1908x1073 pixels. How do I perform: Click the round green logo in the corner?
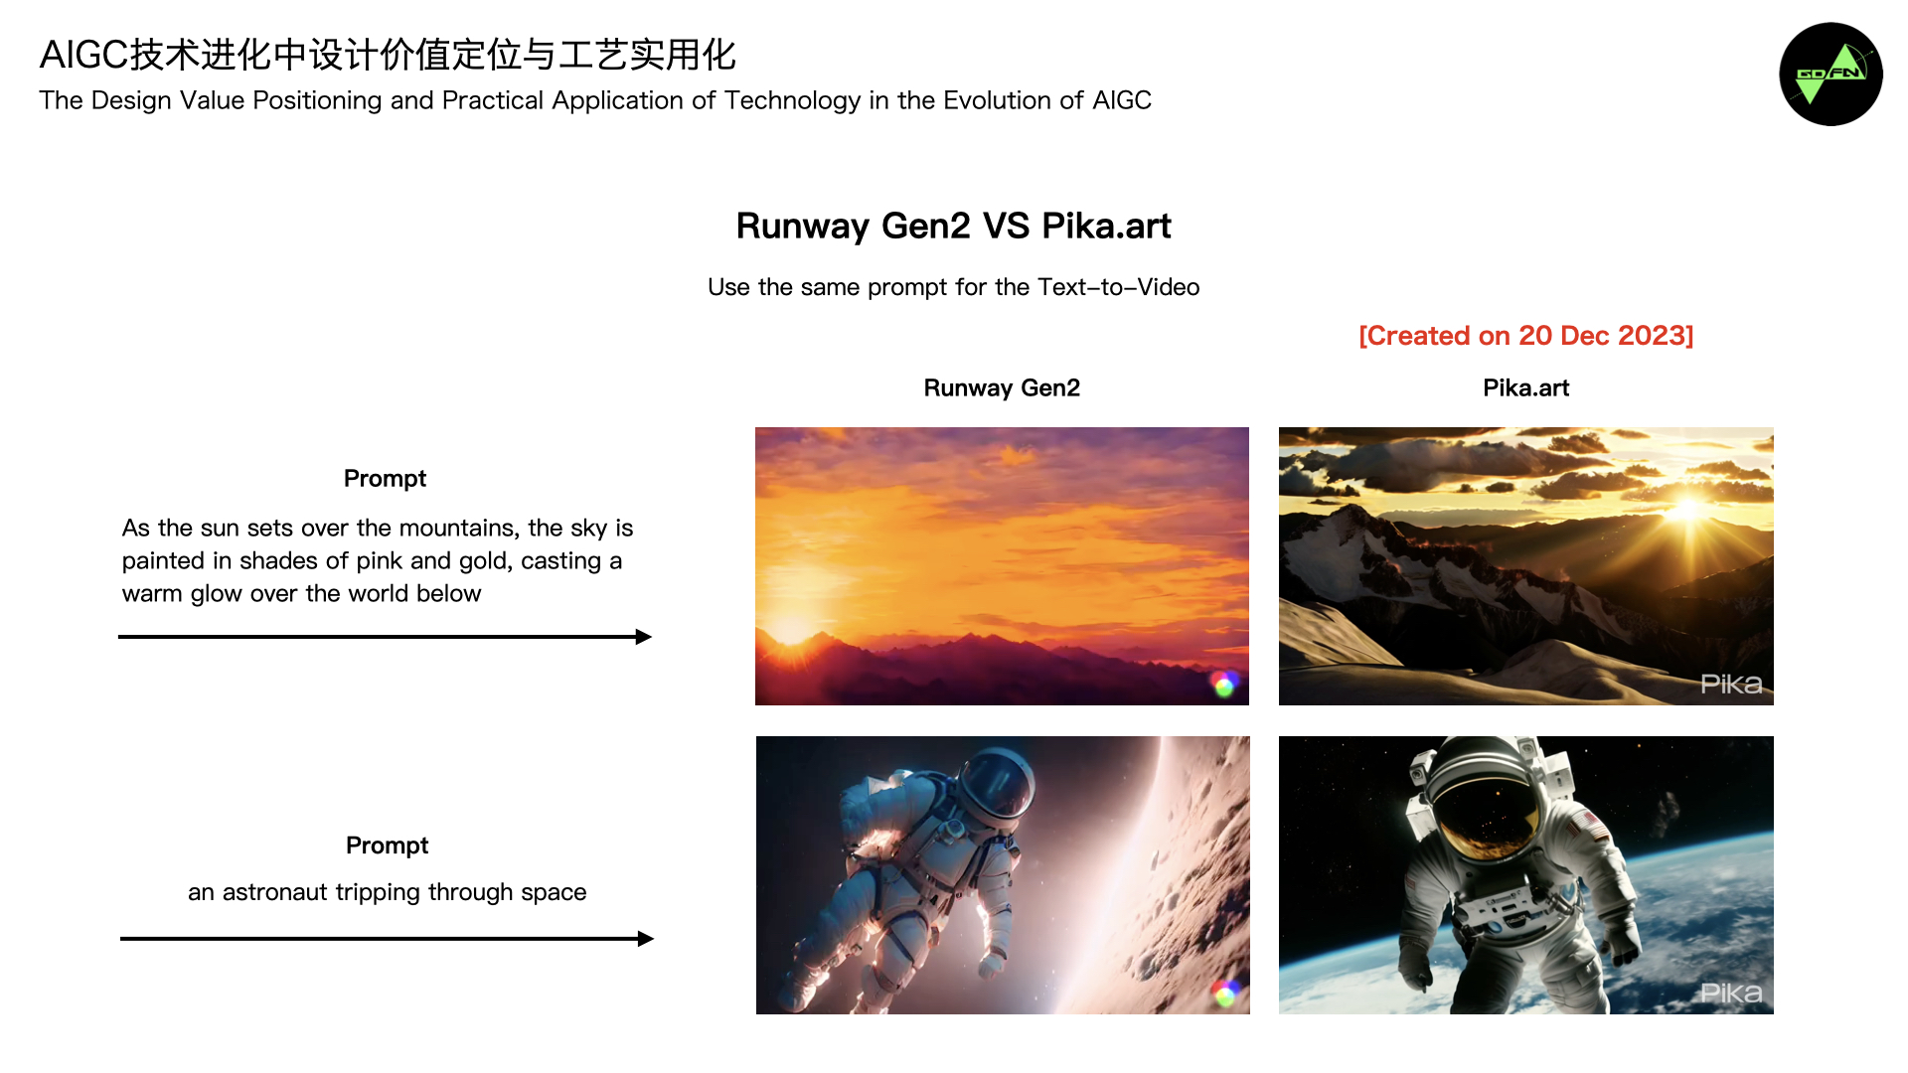pos(1830,75)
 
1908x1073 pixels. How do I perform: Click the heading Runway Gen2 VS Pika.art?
pos(954,227)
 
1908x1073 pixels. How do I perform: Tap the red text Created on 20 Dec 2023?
pos(1526,336)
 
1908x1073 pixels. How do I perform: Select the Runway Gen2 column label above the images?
pos(1002,387)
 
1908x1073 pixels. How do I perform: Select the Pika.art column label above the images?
pos(1526,387)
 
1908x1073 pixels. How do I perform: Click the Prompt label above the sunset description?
pos(385,479)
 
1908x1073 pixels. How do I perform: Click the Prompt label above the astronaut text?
pos(387,845)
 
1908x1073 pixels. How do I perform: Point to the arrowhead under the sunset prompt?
pos(644,637)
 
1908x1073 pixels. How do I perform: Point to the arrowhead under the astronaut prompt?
pos(646,939)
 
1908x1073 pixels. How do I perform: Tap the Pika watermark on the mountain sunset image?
pos(1731,684)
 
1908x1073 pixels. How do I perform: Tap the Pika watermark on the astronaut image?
pos(1731,993)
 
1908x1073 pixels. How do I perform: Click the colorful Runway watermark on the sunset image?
pos(1224,684)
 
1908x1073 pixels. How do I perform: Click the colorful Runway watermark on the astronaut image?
pos(1225,993)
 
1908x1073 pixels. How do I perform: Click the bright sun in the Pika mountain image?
pos(1687,511)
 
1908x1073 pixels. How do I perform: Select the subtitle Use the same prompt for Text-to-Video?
pos(954,287)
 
